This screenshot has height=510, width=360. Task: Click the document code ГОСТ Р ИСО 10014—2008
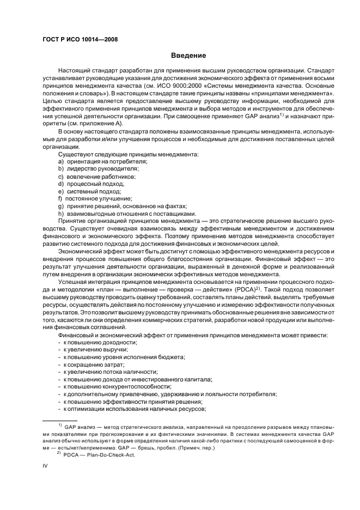click(80, 39)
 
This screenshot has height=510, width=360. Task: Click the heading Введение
click(188, 56)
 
